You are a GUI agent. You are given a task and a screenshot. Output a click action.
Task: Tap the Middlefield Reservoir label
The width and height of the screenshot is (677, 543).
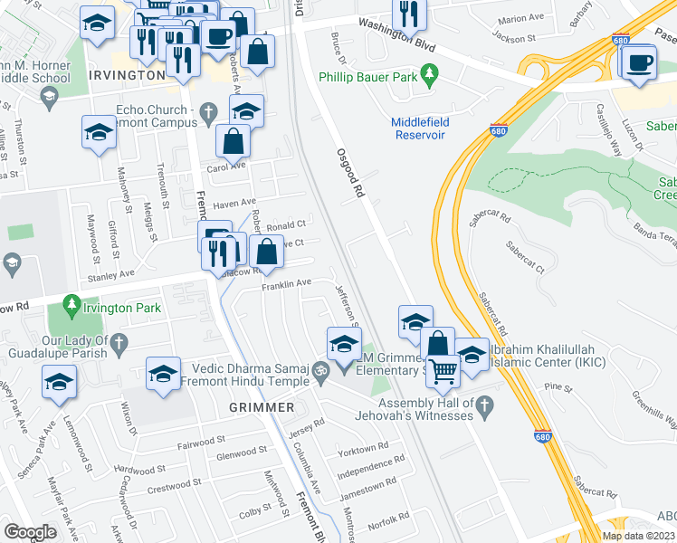click(419, 129)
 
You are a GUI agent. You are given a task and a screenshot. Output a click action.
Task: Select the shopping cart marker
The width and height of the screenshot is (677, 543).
click(443, 370)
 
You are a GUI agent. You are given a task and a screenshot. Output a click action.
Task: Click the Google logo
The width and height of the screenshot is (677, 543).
click(30, 532)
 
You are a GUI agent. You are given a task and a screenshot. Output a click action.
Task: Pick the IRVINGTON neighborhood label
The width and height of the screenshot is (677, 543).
click(127, 75)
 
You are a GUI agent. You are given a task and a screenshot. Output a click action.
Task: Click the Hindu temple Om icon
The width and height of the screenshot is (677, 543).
click(319, 370)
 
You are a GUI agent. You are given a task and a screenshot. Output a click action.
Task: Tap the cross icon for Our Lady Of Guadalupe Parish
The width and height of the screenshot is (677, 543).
click(123, 341)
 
